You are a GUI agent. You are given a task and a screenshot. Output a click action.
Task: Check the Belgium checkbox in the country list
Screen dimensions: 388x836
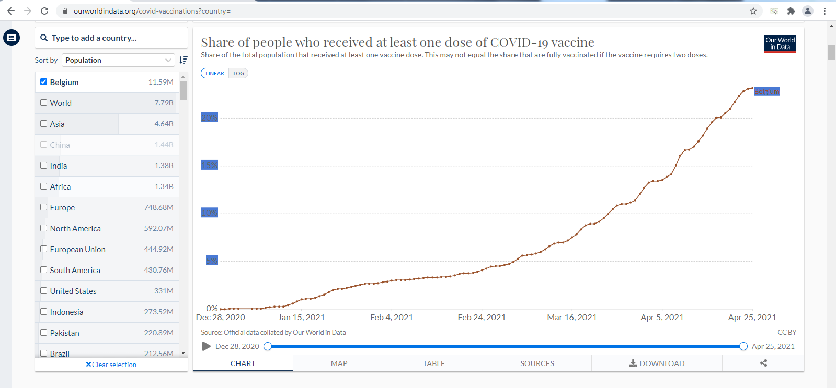click(x=44, y=82)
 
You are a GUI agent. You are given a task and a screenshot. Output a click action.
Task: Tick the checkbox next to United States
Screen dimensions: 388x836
click(x=44, y=291)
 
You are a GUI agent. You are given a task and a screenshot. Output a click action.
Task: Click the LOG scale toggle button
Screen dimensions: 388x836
click(x=238, y=74)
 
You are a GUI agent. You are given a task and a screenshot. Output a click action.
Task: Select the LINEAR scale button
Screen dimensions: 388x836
click(x=214, y=74)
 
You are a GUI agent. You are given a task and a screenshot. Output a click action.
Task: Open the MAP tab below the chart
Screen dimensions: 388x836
click(x=339, y=363)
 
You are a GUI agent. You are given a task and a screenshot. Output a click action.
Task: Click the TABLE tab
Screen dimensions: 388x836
click(x=433, y=363)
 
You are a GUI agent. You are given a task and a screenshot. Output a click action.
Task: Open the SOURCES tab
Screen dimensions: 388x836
click(x=537, y=363)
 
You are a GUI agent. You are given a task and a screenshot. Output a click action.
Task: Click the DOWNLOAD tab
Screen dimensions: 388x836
click(x=657, y=363)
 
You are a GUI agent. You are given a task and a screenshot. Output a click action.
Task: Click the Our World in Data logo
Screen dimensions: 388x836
click(x=780, y=44)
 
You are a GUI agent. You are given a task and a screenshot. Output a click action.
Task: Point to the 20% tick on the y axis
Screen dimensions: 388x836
click(x=209, y=117)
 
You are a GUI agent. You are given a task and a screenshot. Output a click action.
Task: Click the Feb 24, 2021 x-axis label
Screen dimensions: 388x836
click(x=482, y=318)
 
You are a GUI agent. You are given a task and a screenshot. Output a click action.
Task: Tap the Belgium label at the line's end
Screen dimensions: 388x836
click(x=766, y=91)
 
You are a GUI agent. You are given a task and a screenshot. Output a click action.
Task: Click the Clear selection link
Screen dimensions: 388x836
click(x=111, y=365)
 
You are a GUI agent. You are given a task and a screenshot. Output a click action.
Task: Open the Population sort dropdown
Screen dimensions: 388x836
click(x=118, y=60)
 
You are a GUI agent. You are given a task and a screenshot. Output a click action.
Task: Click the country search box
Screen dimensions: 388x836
click(x=111, y=38)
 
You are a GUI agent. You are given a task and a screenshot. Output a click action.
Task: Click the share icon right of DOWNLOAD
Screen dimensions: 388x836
click(x=763, y=363)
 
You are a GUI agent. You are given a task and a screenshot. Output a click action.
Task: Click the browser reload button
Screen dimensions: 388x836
click(x=44, y=11)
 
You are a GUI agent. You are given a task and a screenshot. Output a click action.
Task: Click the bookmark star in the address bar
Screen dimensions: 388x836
click(x=753, y=11)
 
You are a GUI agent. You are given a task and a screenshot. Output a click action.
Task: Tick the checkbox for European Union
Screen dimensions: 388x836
click(x=44, y=249)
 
